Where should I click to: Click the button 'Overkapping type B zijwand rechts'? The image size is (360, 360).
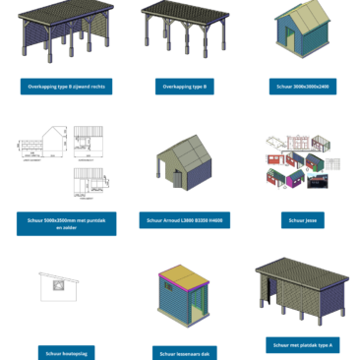(x=66, y=87)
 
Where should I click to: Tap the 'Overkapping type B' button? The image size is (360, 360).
(x=184, y=87)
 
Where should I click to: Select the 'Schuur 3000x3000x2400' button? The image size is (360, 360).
(x=302, y=87)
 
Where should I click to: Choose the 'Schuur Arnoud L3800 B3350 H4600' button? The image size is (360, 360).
(x=184, y=220)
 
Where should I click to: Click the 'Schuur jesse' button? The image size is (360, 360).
(x=302, y=220)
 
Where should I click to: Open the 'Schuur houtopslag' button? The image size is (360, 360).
(x=66, y=352)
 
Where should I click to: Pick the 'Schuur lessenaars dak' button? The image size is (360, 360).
(x=184, y=352)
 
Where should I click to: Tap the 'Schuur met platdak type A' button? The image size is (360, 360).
(x=302, y=345)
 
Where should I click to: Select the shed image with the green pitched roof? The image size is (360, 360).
(x=302, y=33)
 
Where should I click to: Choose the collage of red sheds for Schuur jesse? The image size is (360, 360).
(x=302, y=163)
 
